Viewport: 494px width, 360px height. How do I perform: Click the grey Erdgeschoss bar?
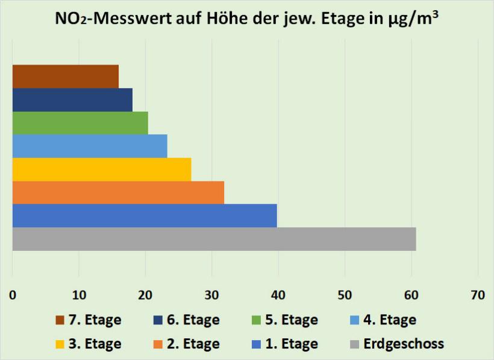(x=214, y=239)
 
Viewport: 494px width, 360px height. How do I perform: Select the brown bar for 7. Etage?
(x=65, y=76)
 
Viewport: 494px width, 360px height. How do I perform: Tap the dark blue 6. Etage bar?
(x=72, y=99)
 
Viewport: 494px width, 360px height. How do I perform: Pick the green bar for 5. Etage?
(x=80, y=122)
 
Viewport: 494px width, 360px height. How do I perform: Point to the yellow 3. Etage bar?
(x=102, y=169)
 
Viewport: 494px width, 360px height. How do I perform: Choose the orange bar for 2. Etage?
(x=118, y=192)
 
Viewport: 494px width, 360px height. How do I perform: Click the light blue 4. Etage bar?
(x=90, y=146)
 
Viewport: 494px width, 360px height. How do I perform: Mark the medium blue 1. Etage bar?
(x=145, y=215)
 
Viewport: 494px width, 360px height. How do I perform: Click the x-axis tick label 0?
(x=13, y=295)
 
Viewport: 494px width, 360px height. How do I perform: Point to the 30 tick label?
(x=211, y=295)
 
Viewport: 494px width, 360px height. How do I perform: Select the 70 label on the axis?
(x=477, y=295)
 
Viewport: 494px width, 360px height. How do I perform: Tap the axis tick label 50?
(x=345, y=295)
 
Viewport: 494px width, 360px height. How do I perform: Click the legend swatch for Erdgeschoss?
(x=354, y=344)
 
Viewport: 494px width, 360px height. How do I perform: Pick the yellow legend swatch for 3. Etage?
(x=59, y=344)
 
